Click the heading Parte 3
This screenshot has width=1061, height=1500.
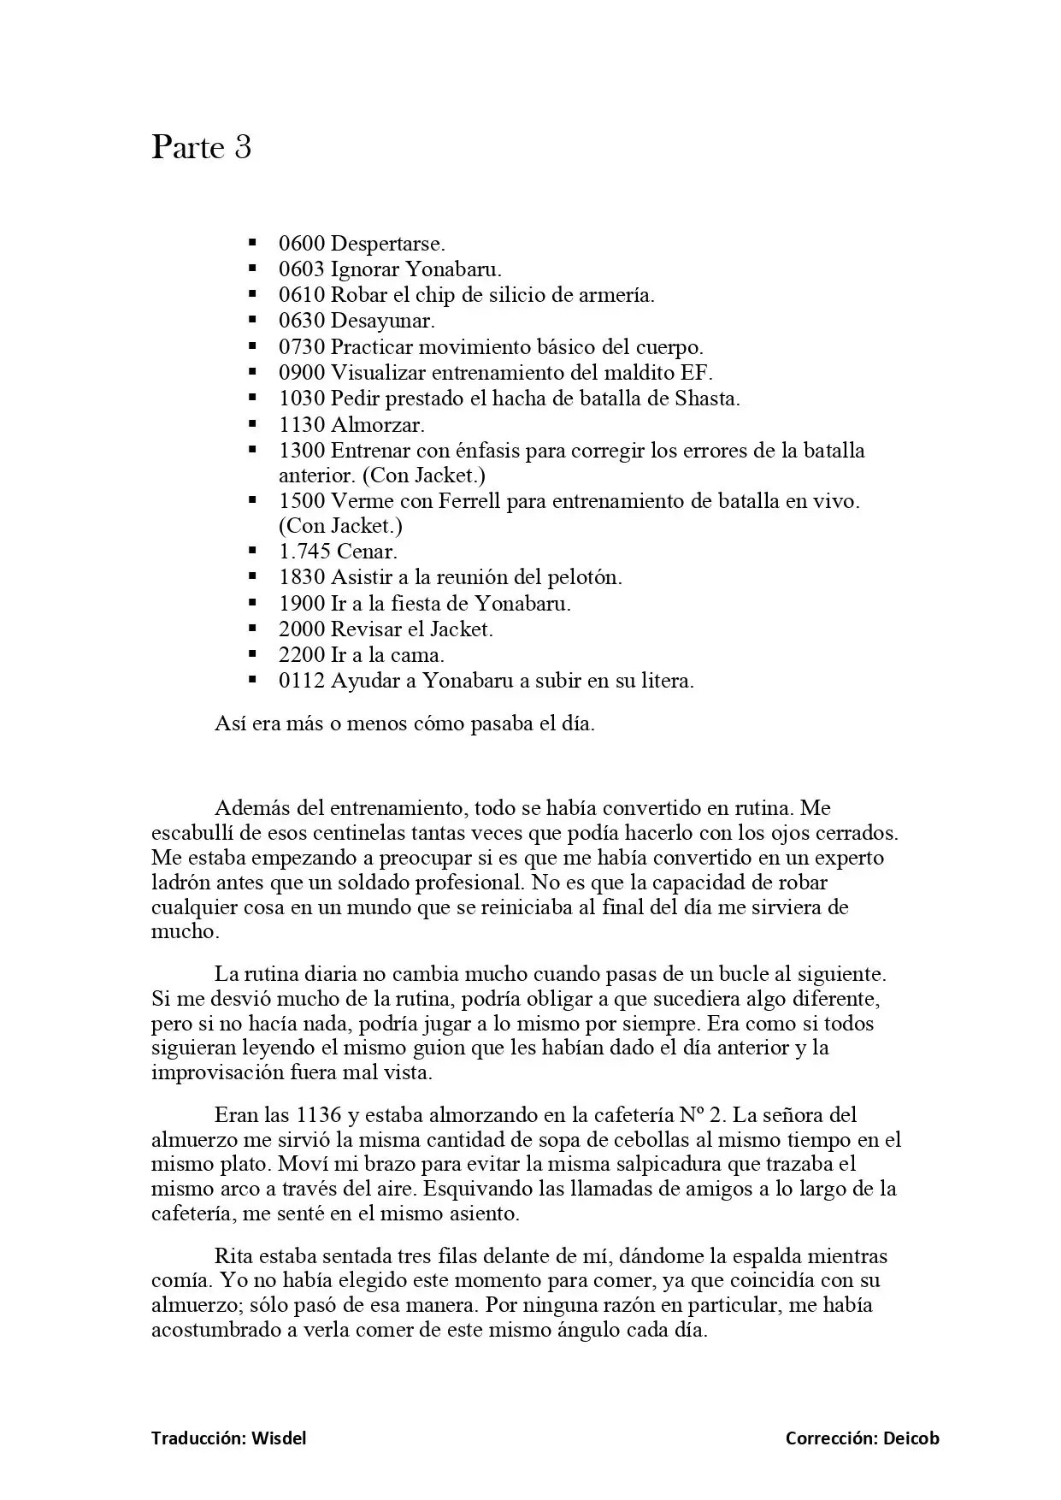(202, 148)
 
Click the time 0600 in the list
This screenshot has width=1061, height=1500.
(301, 244)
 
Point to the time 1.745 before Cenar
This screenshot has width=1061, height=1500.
(304, 552)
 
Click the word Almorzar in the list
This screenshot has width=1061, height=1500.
(377, 424)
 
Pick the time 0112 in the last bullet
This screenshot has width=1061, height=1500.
(301, 681)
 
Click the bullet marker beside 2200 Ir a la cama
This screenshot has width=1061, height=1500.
(253, 654)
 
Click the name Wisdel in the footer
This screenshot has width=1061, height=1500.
(279, 1438)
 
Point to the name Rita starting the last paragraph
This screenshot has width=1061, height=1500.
(233, 1256)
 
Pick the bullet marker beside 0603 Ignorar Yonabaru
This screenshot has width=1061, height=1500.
(253, 269)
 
